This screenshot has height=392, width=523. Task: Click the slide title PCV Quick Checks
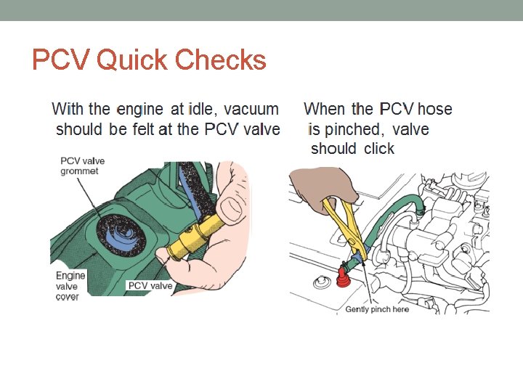point(149,60)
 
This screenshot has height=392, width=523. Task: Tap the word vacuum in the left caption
point(251,110)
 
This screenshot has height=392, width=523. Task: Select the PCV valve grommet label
point(79,166)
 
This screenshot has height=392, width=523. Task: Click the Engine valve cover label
point(70,286)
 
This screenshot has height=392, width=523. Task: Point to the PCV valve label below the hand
point(150,285)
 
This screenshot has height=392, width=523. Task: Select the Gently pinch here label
point(377,309)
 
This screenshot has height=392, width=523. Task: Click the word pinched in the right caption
point(353,130)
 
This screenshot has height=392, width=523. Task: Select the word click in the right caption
point(379,149)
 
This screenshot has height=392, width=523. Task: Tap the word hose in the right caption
point(434,110)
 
